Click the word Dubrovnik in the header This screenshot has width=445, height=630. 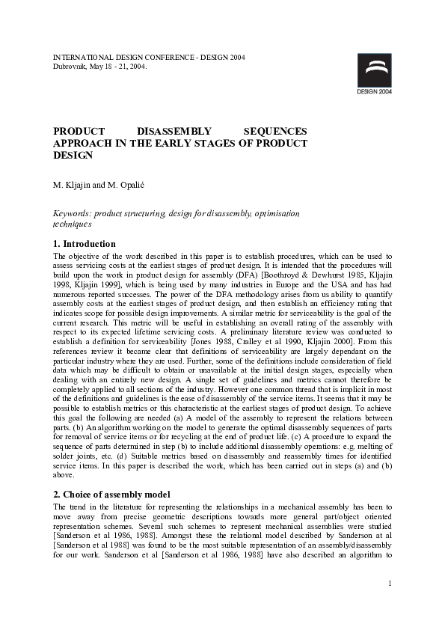[70, 66]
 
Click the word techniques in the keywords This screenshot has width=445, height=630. [72, 224]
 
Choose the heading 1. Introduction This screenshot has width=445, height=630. [85, 244]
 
